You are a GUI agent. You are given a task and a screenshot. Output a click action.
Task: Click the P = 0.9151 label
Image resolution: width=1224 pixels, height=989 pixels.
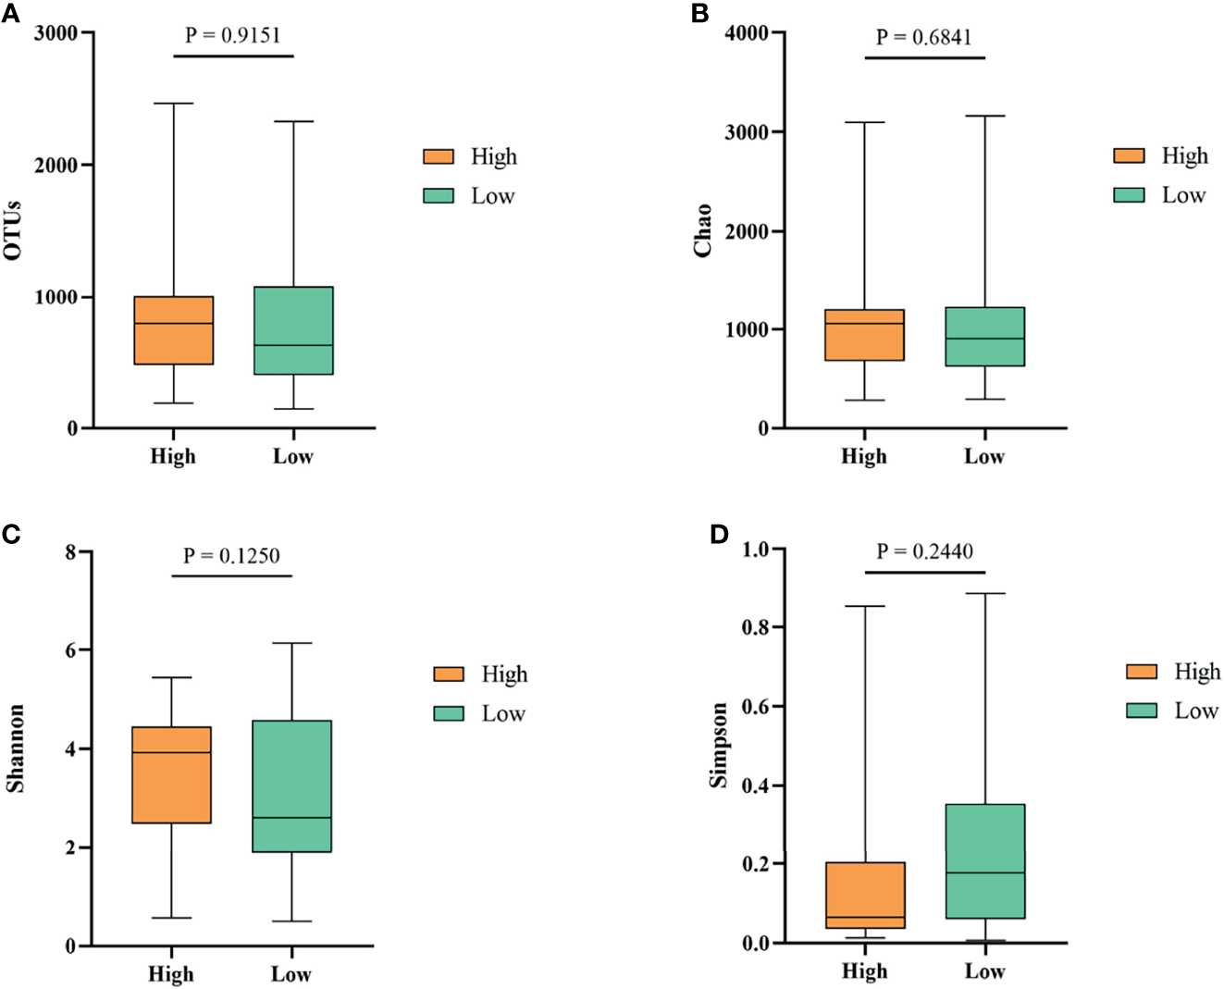coord(232,35)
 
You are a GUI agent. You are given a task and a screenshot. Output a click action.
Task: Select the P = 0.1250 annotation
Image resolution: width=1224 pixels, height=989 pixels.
coord(231,555)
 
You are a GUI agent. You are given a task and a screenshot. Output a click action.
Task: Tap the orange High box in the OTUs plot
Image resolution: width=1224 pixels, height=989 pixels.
coord(174,330)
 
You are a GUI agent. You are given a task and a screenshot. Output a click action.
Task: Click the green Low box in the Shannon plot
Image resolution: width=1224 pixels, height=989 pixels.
coord(292,785)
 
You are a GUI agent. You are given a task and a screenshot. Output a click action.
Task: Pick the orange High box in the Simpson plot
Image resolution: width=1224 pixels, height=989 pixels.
coord(865,895)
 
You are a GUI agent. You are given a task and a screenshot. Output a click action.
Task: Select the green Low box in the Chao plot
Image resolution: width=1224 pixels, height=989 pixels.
coord(985,337)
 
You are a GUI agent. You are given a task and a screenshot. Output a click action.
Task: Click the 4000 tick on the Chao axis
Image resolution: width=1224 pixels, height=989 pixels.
coord(747,33)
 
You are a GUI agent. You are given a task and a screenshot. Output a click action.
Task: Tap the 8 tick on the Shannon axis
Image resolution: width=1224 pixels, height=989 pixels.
coord(71,552)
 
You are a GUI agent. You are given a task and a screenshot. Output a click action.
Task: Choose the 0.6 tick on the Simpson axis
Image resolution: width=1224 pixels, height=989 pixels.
coord(755,706)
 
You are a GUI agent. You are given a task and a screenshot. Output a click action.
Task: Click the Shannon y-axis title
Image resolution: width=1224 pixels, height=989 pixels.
coord(16,748)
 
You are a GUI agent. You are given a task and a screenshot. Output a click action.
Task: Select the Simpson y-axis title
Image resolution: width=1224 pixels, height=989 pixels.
coord(718,745)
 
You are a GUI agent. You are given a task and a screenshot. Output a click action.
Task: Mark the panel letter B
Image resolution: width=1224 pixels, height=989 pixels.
coord(700,14)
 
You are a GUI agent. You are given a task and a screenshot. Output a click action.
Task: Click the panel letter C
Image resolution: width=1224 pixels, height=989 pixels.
coord(11,534)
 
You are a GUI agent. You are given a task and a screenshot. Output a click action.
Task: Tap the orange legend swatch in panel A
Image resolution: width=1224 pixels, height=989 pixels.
coord(439,156)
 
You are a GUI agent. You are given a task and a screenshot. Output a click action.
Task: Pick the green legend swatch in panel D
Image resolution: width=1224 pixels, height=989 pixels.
coord(1142,711)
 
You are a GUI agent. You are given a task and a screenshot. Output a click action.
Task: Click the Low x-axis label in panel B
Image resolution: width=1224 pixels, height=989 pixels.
coord(984,456)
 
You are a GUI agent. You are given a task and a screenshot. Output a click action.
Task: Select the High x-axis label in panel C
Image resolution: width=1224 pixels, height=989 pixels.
coord(171,974)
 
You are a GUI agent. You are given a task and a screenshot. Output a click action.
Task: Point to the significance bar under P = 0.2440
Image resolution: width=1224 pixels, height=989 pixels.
coord(925,573)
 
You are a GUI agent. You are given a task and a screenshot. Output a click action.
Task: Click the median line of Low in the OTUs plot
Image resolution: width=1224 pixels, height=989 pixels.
coord(293,345)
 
